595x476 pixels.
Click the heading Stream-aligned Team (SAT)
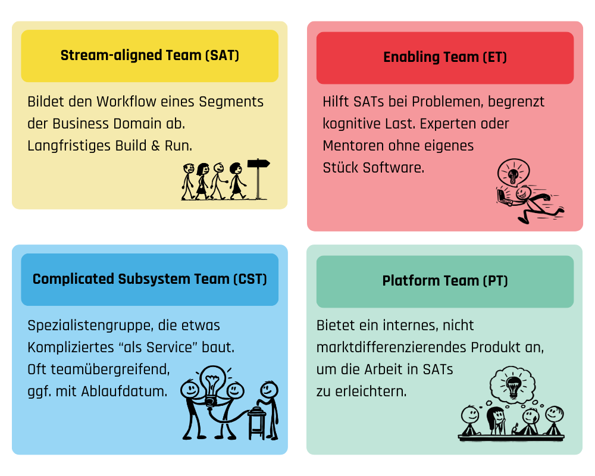point(150,56)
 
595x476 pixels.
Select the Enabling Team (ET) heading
point(445,58)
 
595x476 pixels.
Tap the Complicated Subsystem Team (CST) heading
point(150,279)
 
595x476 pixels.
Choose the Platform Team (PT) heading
point(445,281)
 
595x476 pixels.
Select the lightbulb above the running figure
point(513,174)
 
